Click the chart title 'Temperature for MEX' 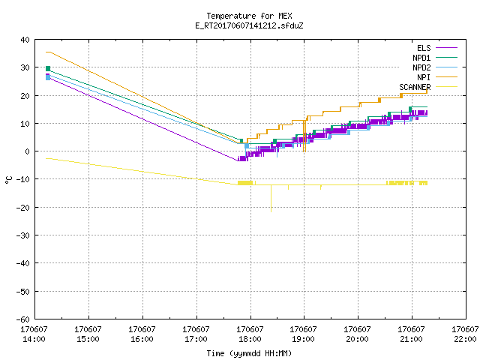coord(249,16)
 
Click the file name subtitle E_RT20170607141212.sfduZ coord(249,25)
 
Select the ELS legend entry coord(437,48)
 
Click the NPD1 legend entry coord(435,58)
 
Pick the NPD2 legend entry coord(435,67)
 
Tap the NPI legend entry coord(437,77)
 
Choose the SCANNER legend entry coord(428,87)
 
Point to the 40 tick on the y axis coord(25,40)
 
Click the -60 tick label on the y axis coord(23,319)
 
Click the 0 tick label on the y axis coord(28,151)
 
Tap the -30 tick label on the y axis coord(23,235)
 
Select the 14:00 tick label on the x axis coord(34,334)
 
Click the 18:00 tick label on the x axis coord(250,334)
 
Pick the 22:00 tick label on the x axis coord(465,334)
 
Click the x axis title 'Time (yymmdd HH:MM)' coord(249,353)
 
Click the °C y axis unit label coord(8,180)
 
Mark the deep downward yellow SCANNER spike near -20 coord(271,198)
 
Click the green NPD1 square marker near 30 coord(48,68)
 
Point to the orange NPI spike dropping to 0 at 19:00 coord(304,136)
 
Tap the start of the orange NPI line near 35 coord(46,52)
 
